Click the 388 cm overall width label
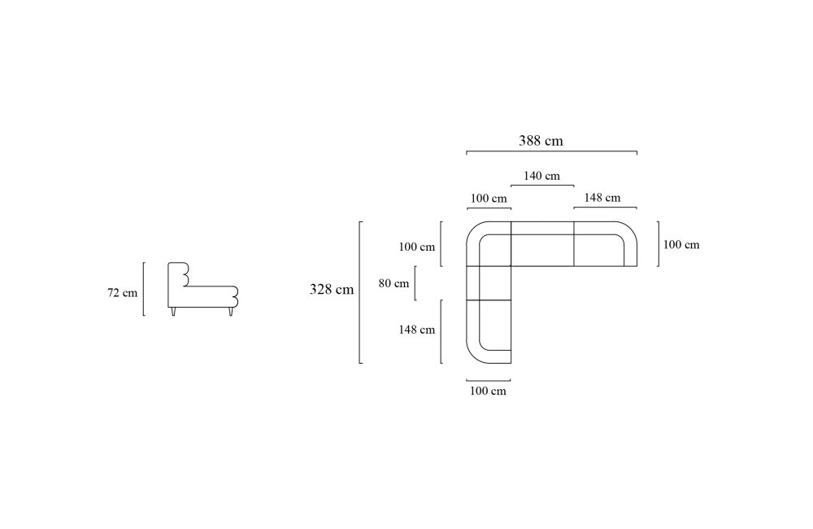(x=541, y=141)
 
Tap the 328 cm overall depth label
(x=332, y=289)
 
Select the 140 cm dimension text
(x=541, y=176)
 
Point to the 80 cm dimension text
(x=393, y=283)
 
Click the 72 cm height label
(x=123, y=293)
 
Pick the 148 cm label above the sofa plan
(x=602, y=198)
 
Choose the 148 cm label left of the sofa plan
(x=416, y=330)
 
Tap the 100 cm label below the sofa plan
(x=487, y=391)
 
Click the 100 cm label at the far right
(x=681, y=244)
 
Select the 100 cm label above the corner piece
(x=489, y=199)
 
